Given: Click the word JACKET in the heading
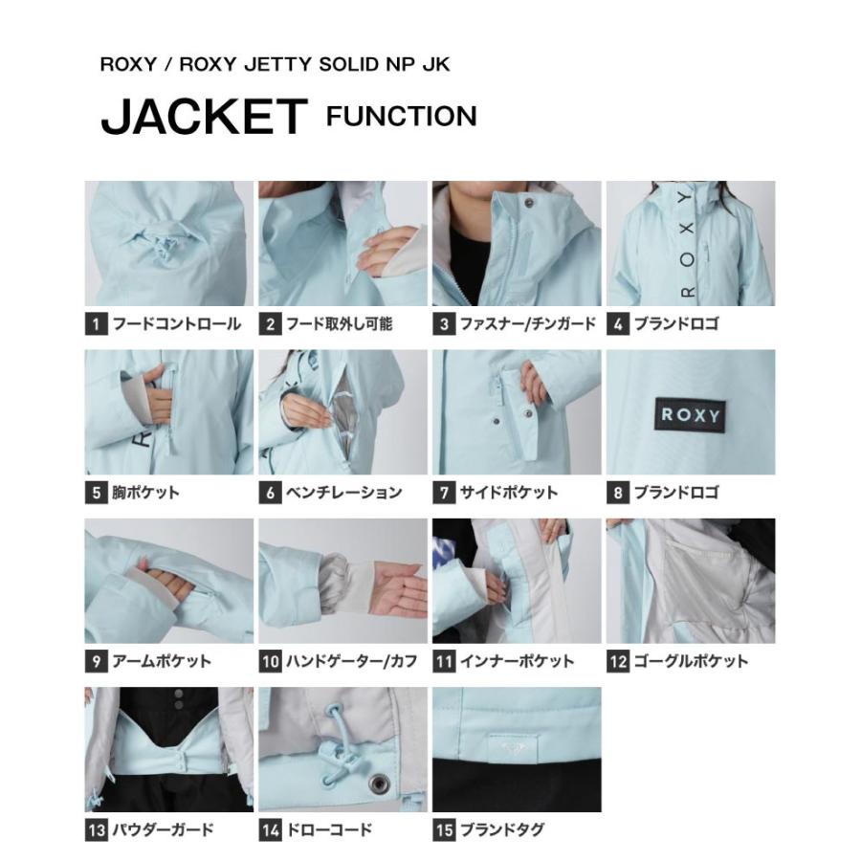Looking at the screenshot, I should [x=203, y=116].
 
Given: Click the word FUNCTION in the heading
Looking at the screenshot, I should [x=401, y=116].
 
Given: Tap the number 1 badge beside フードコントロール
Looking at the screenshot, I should [x=95, y=323].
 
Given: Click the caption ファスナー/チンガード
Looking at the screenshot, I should [x=527, y=323].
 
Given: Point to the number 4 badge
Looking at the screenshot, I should [x=617, y=323].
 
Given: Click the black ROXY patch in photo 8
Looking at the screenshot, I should [x=691, y=415].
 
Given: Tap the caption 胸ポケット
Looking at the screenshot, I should [x=145, y=493].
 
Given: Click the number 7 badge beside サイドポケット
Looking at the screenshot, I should [x=443, y=493].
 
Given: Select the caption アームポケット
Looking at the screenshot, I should [x=161, y=661].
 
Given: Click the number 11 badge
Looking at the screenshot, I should [x=443, y=661].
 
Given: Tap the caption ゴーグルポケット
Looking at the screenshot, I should [x=691, y=661].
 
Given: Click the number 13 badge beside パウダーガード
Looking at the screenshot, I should [x=95, y=829].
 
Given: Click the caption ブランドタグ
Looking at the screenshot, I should [x=502, y=829].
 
